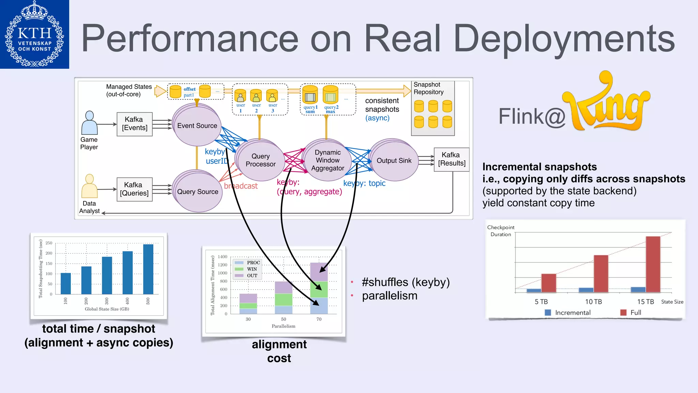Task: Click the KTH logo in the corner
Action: click(34, 34)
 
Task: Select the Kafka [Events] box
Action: click(135, 124)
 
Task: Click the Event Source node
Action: click(197, 126)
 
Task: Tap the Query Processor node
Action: click(261, 160)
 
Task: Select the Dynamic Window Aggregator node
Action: click(328, 160)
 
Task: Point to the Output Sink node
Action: click(394, 161)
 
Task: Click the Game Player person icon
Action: click(89, 123)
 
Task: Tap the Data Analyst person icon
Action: click(89, 186)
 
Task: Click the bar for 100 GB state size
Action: click(66, 283)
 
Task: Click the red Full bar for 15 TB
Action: click(653, 264)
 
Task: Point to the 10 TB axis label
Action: click(593, 302)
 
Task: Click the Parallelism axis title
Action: click(284, 326)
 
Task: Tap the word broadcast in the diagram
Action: click(241, 186)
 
